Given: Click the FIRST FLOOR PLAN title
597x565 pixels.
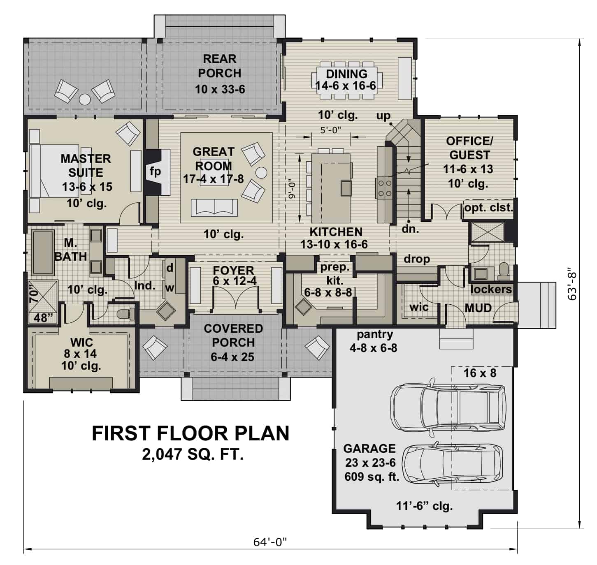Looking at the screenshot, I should (x=190, y=433).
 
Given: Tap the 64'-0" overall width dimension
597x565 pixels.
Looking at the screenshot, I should (x=269, y=542).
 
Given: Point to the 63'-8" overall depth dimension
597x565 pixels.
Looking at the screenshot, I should (x=573, y=286).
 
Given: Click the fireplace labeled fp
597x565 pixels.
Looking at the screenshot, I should (x=156, y=172).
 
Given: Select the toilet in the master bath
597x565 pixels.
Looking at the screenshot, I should (x=126, y=315).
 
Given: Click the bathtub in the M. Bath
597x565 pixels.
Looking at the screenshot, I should (x=43, y=252).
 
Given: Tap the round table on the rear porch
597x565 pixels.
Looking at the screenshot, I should (x=85, y=99).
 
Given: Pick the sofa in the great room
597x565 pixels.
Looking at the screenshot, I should (x=214, y=207).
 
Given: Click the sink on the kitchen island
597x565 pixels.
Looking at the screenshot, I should (x=345, y=188).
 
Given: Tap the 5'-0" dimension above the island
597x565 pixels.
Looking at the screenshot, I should (x=330, y=130).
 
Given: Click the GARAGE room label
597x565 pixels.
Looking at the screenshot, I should (x=369, y=448).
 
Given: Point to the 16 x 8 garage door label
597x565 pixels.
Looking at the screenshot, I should (x=480, y=373).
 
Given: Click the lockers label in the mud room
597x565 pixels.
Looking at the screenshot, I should (x=491, y=289).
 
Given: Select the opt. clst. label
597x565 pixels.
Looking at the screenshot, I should (x=488, y=208).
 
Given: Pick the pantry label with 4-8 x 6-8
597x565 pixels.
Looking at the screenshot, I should (x=374, y=341).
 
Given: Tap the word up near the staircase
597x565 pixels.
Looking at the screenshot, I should (x=383, y=116).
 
